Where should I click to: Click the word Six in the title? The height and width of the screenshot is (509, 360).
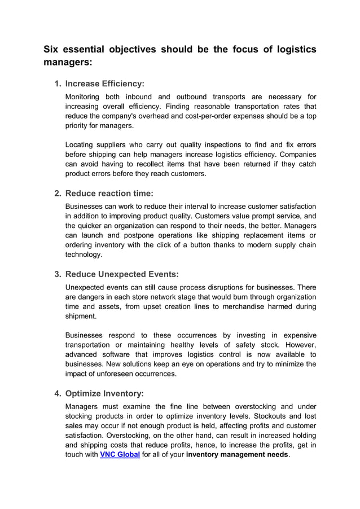52,50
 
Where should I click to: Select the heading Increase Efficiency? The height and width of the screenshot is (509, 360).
105,84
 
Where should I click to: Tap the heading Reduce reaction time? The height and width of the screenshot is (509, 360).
109,194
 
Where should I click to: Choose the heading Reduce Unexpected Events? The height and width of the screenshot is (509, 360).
122,275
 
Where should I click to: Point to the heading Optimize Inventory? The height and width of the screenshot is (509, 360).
104,393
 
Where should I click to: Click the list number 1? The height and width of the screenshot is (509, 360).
58,84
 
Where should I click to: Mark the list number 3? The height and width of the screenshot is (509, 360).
58,275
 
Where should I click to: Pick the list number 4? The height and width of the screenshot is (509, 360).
58,393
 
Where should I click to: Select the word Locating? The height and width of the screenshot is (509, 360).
81,144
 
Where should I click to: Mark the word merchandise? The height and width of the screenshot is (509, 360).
246,306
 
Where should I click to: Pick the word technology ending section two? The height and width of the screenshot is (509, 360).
84,255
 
